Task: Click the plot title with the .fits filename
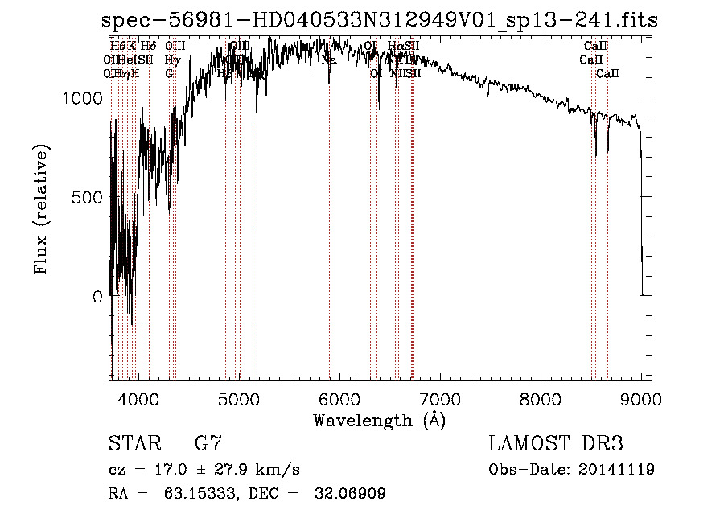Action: coord(380,22)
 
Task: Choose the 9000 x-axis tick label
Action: coord(640,397)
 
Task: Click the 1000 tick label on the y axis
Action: coord(83,97)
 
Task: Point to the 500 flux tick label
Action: coord(88,197)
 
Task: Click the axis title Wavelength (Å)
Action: coord(379,420)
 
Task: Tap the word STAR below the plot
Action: coord(134,443)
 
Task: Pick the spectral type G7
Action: coord(208,443)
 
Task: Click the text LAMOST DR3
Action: coord(556,443)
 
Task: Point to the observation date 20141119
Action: coord(617,470)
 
